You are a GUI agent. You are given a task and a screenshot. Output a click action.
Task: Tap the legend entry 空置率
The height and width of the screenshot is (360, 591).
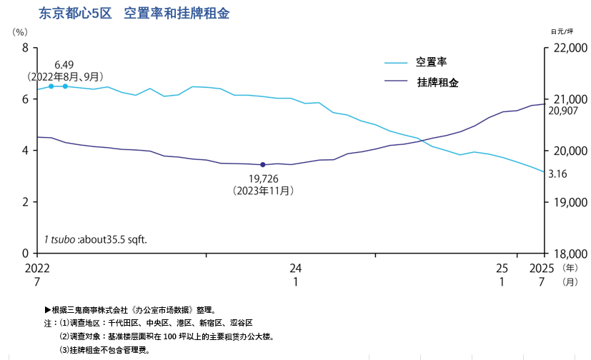pos(432,62)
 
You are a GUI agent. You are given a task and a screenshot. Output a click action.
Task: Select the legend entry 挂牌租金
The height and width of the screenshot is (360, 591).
pos(437,82)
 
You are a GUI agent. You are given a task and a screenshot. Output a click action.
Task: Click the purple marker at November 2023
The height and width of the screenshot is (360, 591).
pos(263,165)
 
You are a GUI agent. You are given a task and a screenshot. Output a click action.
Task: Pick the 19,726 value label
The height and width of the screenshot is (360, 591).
pos(263,179)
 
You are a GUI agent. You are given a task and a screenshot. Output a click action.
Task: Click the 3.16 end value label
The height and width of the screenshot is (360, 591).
pos(557,174)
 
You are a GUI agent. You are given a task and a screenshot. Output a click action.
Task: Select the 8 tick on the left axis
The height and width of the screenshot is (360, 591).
pos(25,48)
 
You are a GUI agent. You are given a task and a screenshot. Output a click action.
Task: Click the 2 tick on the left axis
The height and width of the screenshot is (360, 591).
pos(25,202)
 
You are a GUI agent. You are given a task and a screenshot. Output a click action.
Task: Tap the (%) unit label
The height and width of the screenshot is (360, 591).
pos(20,32)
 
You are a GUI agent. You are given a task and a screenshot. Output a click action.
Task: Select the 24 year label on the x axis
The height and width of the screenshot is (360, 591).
pos(296,268)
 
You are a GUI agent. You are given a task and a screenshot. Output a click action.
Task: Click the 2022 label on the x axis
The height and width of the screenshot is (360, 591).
pos(37,268)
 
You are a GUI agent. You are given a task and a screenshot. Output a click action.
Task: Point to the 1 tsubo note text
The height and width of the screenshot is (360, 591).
pos(96,239)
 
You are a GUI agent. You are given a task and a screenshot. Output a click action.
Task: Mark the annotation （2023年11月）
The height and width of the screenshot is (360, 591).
pos(263,191)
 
